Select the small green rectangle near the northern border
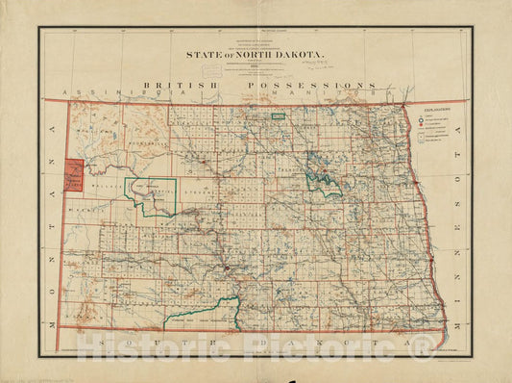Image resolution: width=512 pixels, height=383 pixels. point(278,116)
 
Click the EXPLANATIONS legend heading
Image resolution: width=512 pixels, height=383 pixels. point(438,112)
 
